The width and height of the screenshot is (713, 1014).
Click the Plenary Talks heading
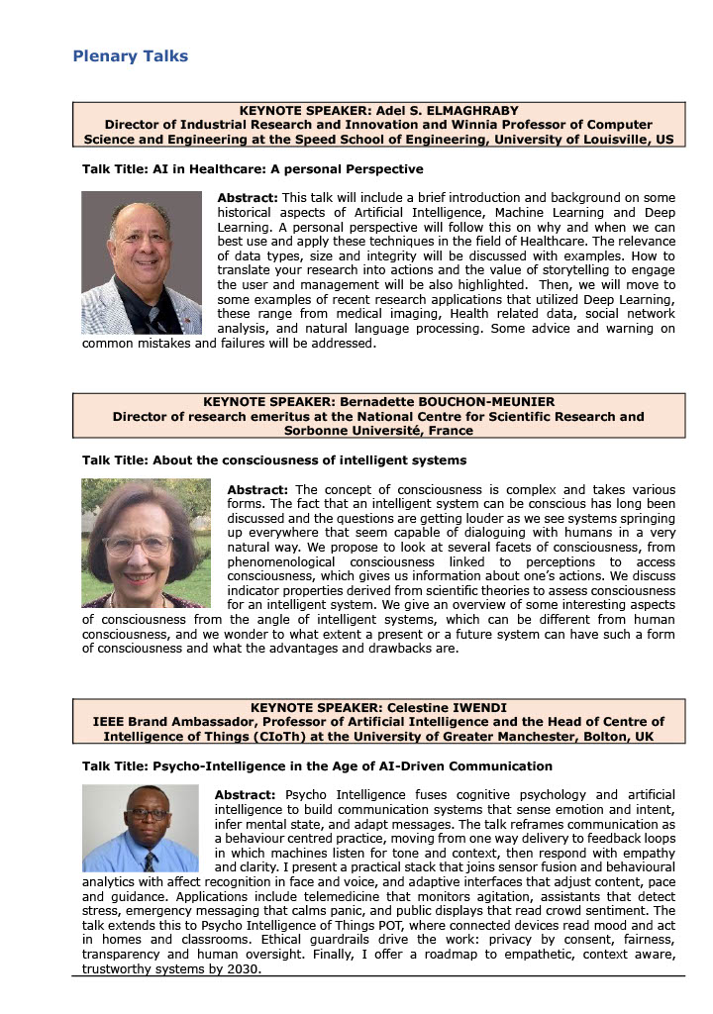pos(130,56)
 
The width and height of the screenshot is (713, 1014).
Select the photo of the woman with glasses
pos(147,544)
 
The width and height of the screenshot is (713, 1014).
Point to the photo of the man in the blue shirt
pos(140,828)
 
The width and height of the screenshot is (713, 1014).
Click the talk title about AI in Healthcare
pos(253,169)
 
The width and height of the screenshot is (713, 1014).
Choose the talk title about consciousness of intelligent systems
pos(274,460)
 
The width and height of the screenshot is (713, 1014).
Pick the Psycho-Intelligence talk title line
pos(317,766)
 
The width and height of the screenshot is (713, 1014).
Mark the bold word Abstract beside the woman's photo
pos(256,490)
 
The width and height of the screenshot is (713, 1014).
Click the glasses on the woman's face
pos(137,544)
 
